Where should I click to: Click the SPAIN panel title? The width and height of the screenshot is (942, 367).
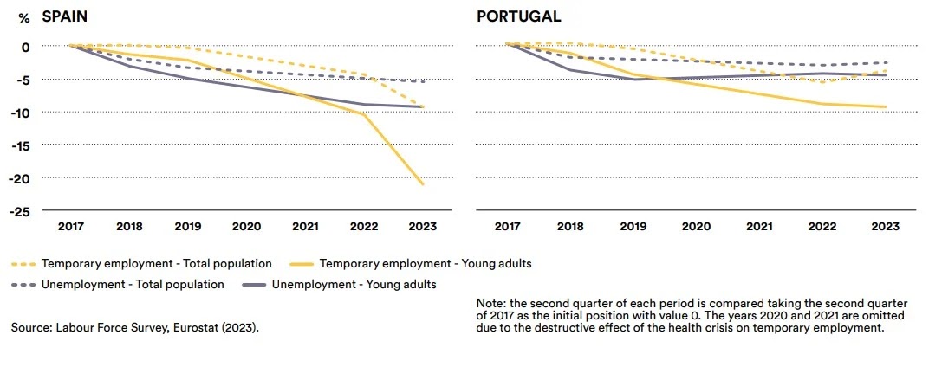point(63,16)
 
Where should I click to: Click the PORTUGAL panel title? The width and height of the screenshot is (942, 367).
point(518,16)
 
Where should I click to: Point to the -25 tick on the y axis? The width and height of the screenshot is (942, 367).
point(21,210)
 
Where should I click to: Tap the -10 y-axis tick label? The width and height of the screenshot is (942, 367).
point(21,112)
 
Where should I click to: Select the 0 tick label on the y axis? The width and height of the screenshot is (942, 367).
point(25,46)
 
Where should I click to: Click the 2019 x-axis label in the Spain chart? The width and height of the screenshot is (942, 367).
point(188,227)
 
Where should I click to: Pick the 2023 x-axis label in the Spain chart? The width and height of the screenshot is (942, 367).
point(423,227)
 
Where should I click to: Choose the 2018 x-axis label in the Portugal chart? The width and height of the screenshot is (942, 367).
point(569,227)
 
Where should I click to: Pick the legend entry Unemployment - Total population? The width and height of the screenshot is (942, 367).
point(133,284)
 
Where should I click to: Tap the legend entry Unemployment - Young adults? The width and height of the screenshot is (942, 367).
point(354,284)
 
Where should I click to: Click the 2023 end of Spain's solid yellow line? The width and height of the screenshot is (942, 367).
point(423,184)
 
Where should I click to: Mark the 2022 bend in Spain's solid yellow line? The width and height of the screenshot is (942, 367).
point(364,113)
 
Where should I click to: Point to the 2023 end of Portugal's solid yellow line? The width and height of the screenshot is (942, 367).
point(885,107)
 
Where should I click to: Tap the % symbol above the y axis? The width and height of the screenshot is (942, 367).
point(23,17)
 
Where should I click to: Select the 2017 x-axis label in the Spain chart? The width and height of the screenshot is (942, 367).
point(70,227)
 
